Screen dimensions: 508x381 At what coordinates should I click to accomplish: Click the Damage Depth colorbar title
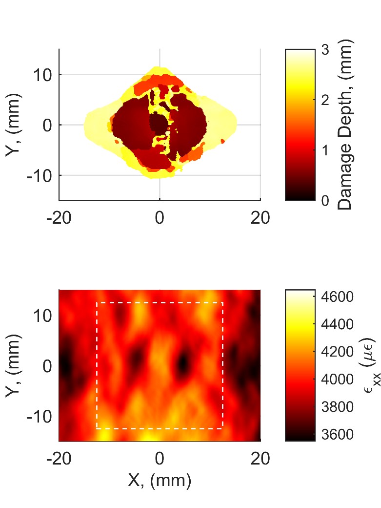click(x=345, y=125)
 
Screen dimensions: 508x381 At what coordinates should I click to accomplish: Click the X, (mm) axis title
click(x=160, y=481)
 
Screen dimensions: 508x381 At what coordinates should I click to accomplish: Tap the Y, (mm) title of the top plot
click(x=14, y=125)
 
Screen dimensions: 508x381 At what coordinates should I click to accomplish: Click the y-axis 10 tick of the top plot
click(x=42, y=75)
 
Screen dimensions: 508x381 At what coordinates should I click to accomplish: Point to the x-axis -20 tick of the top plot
click(x=60, y=218)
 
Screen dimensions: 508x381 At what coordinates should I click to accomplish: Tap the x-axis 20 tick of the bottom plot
click(x=260, y=459)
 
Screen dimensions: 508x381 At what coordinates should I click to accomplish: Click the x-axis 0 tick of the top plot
click(x=160, y=218)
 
